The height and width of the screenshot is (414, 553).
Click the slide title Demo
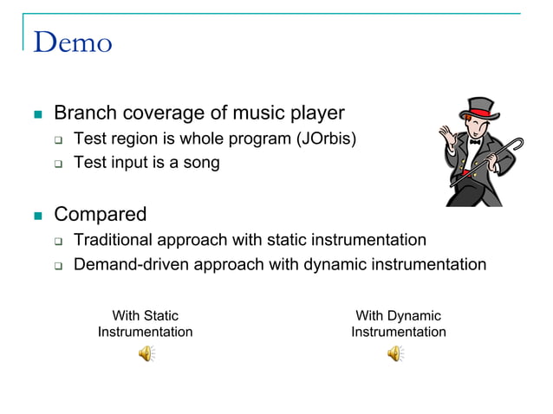pyautogui.click(x=73, y=42)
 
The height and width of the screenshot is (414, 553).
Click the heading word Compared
pyautogui.click(x=101, y=214)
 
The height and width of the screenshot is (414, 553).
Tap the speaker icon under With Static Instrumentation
pyautogui.click(x=146, y=353)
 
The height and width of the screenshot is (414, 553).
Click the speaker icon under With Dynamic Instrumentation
pyautogui.click(x=395, y=353)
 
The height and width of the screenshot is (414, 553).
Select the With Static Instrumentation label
pyautogui.click(x=145, y=324)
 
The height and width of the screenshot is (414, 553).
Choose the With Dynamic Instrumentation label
pyautogui.click(x=398, y=324)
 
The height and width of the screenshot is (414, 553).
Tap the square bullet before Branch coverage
pyautogui.click(x=36, y=114)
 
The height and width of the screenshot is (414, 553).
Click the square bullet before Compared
pyautogui.click(x=36, y=215)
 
